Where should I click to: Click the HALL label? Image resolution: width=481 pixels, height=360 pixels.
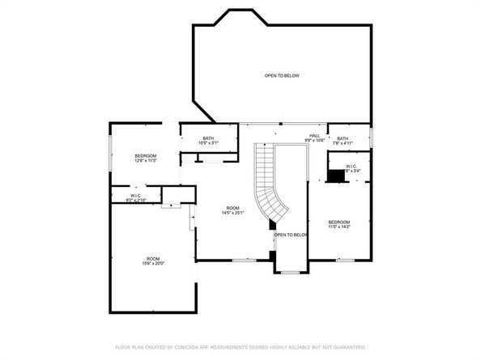tap(314, 136)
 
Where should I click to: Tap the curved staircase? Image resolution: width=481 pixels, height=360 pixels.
tap(270, 186)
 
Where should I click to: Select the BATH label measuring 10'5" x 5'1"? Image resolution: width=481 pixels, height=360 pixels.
tap(208, 138)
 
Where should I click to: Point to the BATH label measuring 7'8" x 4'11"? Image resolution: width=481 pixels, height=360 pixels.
tap(343, 138)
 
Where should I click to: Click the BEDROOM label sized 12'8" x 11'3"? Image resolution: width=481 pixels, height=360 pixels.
tap(146, 155)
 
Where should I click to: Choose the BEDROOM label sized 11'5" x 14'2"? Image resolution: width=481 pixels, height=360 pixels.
tap(339, 222)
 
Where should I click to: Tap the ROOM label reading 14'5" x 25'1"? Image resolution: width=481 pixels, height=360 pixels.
tap(233, 209)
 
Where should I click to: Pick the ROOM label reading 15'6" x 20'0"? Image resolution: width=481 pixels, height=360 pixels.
tap(153, 258)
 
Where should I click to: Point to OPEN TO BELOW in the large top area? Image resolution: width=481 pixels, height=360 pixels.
tap(282, 76)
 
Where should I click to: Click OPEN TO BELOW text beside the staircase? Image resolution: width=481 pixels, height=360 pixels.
tap(291, 235)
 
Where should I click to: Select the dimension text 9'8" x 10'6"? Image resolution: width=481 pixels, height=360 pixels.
tap(314, 141)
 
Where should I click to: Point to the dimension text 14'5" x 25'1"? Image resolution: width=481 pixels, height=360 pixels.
tap(233, 214)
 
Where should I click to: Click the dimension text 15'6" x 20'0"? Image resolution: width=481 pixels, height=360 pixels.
tap(153, 263)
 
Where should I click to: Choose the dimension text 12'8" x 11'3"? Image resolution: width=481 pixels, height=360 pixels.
tap(146, 160)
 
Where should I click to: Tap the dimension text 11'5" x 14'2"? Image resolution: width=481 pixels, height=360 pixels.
tap(339, 227)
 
